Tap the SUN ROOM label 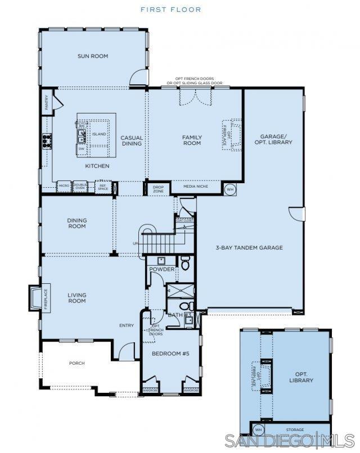point(93,56)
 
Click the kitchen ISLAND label point(99,134)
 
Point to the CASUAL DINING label point(132,141)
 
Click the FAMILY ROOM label point(192,141)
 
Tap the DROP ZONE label point(158,189)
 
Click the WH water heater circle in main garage point(229,189)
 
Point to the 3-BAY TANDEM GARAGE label point(249,247)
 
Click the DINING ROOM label point(76,223)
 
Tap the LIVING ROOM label point(76,298)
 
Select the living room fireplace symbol point(36,297)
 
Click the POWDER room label point(161,269)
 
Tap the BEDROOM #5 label point(169,354)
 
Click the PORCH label point(76,363)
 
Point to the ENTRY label point(127,325)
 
